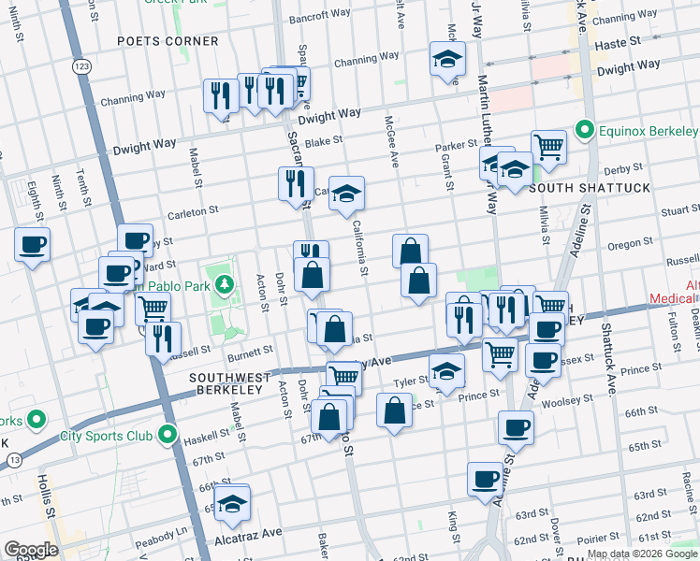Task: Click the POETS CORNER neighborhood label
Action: (x=168, y=41)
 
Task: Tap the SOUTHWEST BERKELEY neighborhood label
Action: (x=229, y=378)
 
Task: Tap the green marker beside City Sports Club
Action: (x=168, y=435)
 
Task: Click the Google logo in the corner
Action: (x=31, y=549)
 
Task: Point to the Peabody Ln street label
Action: (x=168, y=529)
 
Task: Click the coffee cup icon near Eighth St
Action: (x=32, y=245)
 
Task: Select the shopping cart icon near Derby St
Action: (x=548, y=145)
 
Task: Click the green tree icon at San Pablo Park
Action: (x=224, y=283)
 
